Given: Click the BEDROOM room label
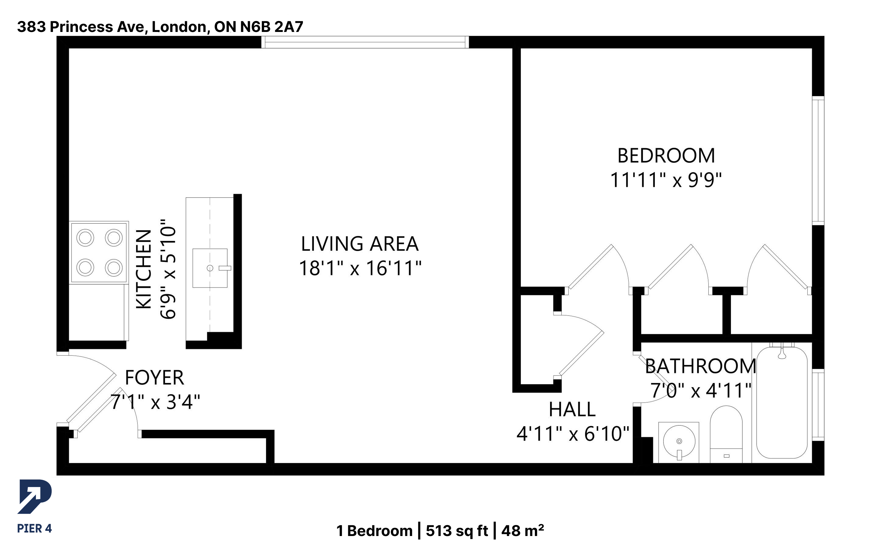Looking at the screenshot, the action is pos(666,156).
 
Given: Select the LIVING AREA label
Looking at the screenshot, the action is pos(360,244).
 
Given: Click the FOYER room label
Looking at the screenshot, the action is pos(154,378).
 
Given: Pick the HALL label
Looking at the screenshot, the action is pos(572,409).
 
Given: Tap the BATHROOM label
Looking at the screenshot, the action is pos(700,366).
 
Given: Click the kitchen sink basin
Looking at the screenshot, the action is pos(210,268).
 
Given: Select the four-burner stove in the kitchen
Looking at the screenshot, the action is pos(99,252).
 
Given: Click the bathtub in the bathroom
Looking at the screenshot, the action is pos(782,403).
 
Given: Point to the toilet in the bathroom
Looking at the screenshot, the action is pos(726,434).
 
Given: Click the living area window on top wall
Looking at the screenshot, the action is pos(365,42).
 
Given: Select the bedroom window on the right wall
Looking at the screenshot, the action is pos(818,160).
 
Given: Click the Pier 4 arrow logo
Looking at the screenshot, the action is pos(35,496).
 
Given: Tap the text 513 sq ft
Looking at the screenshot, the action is pos(457,531).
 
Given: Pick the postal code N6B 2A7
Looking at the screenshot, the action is pos(272,26).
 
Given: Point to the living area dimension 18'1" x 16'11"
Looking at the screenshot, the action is pos(360,268).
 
